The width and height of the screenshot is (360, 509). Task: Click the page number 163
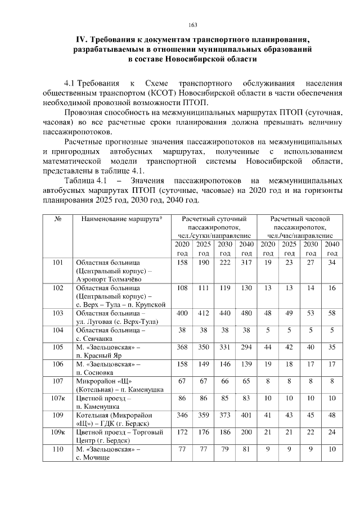[192, 25]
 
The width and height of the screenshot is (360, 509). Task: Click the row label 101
[58, 263]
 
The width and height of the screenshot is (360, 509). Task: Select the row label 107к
[58, 398]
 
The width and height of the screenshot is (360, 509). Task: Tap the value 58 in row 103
[332, 312]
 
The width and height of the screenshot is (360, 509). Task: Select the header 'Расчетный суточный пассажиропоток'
[213, 227]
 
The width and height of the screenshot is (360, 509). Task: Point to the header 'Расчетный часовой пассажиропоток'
[299, 227]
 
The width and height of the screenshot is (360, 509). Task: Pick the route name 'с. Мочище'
[94, 458]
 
